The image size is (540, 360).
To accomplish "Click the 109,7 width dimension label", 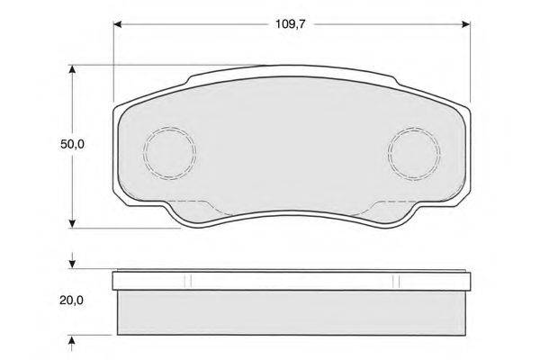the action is (291, 24).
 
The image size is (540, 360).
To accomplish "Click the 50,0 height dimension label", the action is (72, 144).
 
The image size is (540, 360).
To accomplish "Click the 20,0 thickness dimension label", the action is (72, 301).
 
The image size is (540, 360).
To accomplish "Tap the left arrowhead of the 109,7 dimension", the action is (118, 24).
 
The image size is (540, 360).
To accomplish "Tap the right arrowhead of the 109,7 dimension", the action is (465, 24).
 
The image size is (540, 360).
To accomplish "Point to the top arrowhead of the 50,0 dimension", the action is (72, 69).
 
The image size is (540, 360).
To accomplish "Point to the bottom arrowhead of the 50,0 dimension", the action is (72, 223).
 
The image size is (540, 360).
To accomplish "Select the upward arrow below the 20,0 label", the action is (72, 343).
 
